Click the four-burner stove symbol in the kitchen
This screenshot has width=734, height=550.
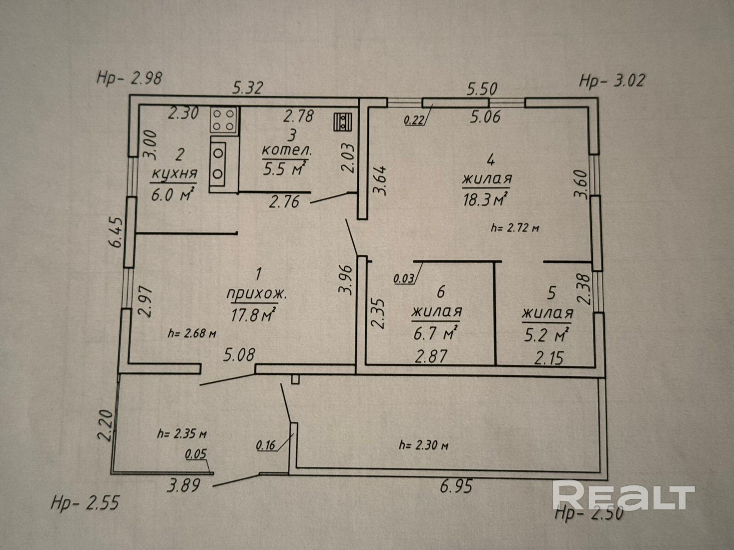coord(224,120)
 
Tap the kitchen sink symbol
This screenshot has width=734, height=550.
coord(218,162)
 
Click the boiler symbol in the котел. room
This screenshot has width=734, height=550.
coord(343,122)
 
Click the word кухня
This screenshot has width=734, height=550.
coord(174,174)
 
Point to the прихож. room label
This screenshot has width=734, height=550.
coord(257,295)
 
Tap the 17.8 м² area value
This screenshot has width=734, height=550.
coord(254,315)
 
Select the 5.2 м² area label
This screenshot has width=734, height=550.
coord(547,335)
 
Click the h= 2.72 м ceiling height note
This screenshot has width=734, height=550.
coord(514,228)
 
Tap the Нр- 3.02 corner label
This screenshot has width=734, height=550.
coord(612,81)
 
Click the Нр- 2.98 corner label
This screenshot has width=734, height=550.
coord(129,78)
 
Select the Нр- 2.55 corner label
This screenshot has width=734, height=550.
coord(85,503)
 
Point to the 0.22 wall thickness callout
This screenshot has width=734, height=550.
coord(413,121)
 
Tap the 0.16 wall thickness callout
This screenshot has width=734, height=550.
coord(266,444)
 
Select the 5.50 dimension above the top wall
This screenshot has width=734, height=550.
coord(482,88)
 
